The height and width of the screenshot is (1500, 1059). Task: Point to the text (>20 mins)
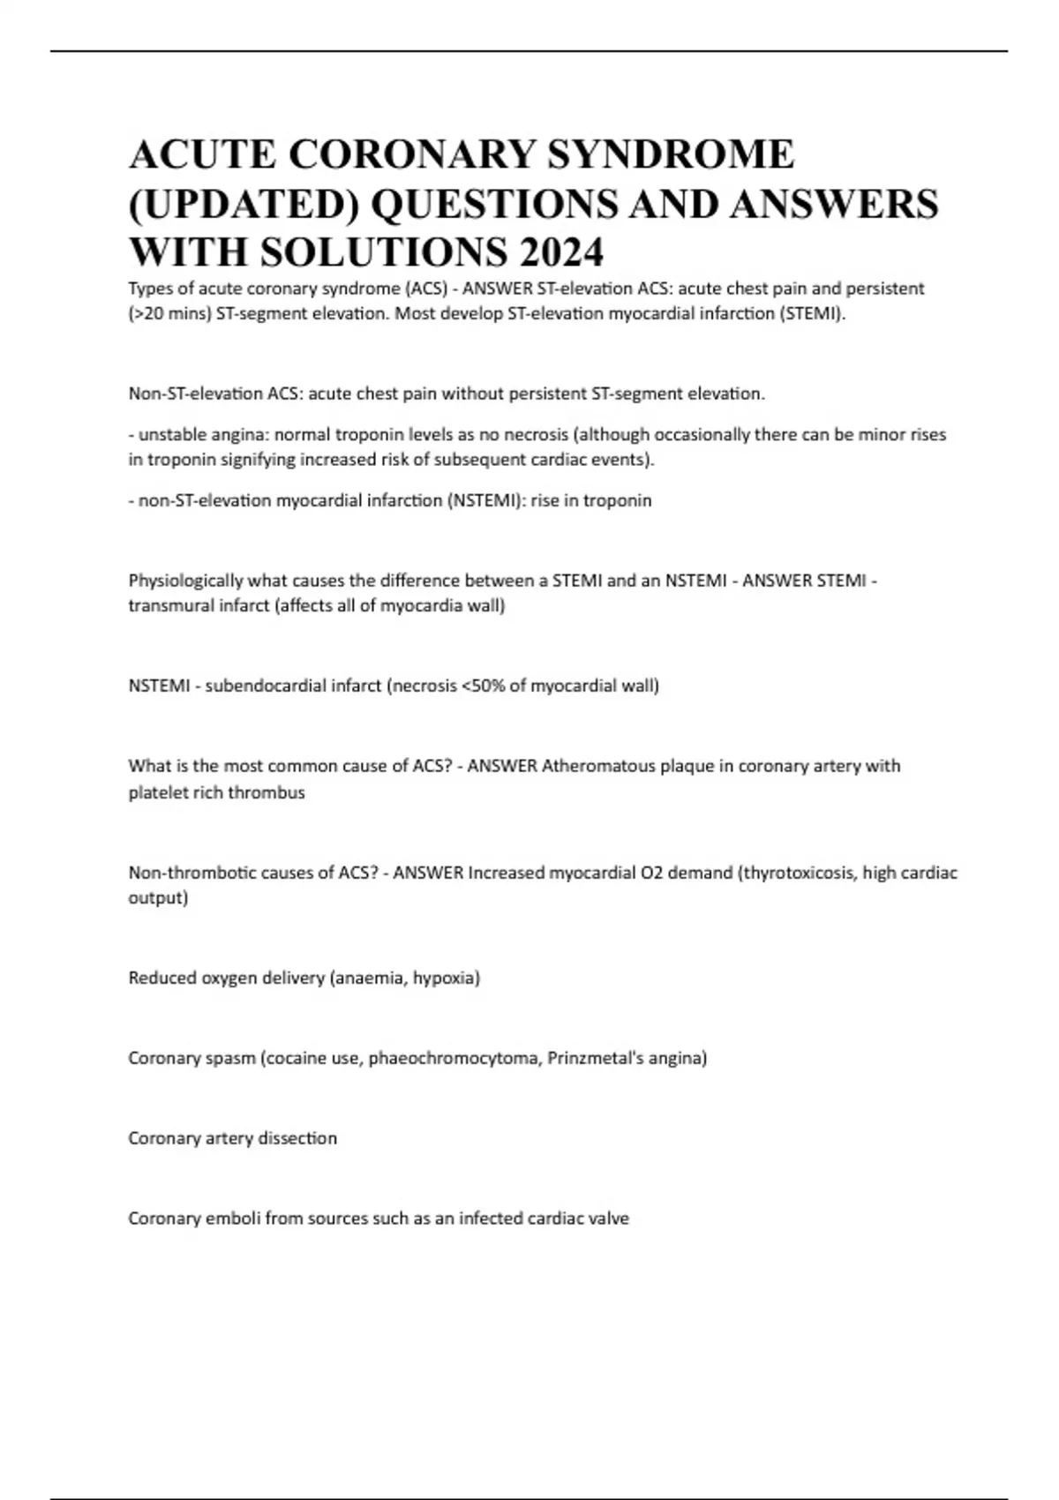click(169, 314)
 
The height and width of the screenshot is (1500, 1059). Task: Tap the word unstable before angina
click(169, 435)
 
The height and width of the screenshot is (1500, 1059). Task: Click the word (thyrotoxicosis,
click(797, 873)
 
